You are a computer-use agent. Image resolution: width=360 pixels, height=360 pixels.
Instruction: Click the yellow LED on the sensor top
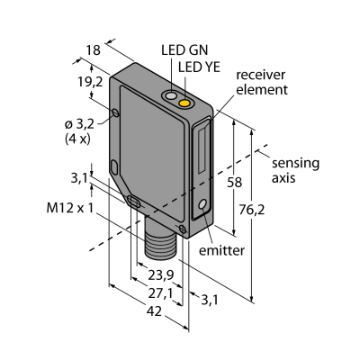pyautogui.click(x=184, y=103)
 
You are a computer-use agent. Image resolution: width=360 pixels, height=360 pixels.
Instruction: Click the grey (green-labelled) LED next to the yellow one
pyautogui.click(x=171, y=96)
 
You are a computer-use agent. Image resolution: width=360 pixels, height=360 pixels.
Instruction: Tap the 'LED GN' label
pyautogui.click(x=184, y=50)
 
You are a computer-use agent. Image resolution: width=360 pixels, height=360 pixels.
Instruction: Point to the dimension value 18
pyautogui.click(x=93, y=50)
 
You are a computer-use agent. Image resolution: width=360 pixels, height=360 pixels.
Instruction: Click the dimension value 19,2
pyautogui.click(x=90, y=82)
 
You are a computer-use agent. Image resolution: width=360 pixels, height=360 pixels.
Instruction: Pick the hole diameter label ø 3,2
pyautogui.click(x=79, y=124)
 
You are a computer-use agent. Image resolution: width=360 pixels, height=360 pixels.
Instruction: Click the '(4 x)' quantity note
pyautogui.click(x=77, y=139)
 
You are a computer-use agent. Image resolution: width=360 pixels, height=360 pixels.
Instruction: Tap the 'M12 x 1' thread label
pyautogui.click(x=70, y=208)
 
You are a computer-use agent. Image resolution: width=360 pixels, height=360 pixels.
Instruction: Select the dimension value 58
pyautogui.click(x=234, y=182)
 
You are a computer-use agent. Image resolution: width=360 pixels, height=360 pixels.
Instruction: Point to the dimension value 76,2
pyautogui.click(x=252, y=211)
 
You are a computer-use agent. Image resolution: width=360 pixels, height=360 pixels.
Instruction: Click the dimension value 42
pyautogui.click(x=154, y=311)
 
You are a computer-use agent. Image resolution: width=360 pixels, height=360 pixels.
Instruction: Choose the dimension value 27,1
pyautogui.click(x=161, y=294)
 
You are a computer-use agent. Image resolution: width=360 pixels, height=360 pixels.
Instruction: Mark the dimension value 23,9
pyautogui.click(x=161, y=275)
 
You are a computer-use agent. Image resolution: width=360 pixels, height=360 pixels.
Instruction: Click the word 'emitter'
pyautogui.click(x=221, y=250)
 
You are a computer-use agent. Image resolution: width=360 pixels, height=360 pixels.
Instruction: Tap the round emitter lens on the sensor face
pyautogui.click(x=203, y=204)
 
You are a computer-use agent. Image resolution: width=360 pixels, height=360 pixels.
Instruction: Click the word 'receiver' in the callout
pyautogui.click(x=260, y=75)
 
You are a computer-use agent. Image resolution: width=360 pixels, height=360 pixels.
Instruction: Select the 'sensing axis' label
pyautogui.click(x=295, y=170)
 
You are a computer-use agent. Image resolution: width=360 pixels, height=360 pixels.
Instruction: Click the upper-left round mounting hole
pyautogui.click(x=115, y=112)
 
